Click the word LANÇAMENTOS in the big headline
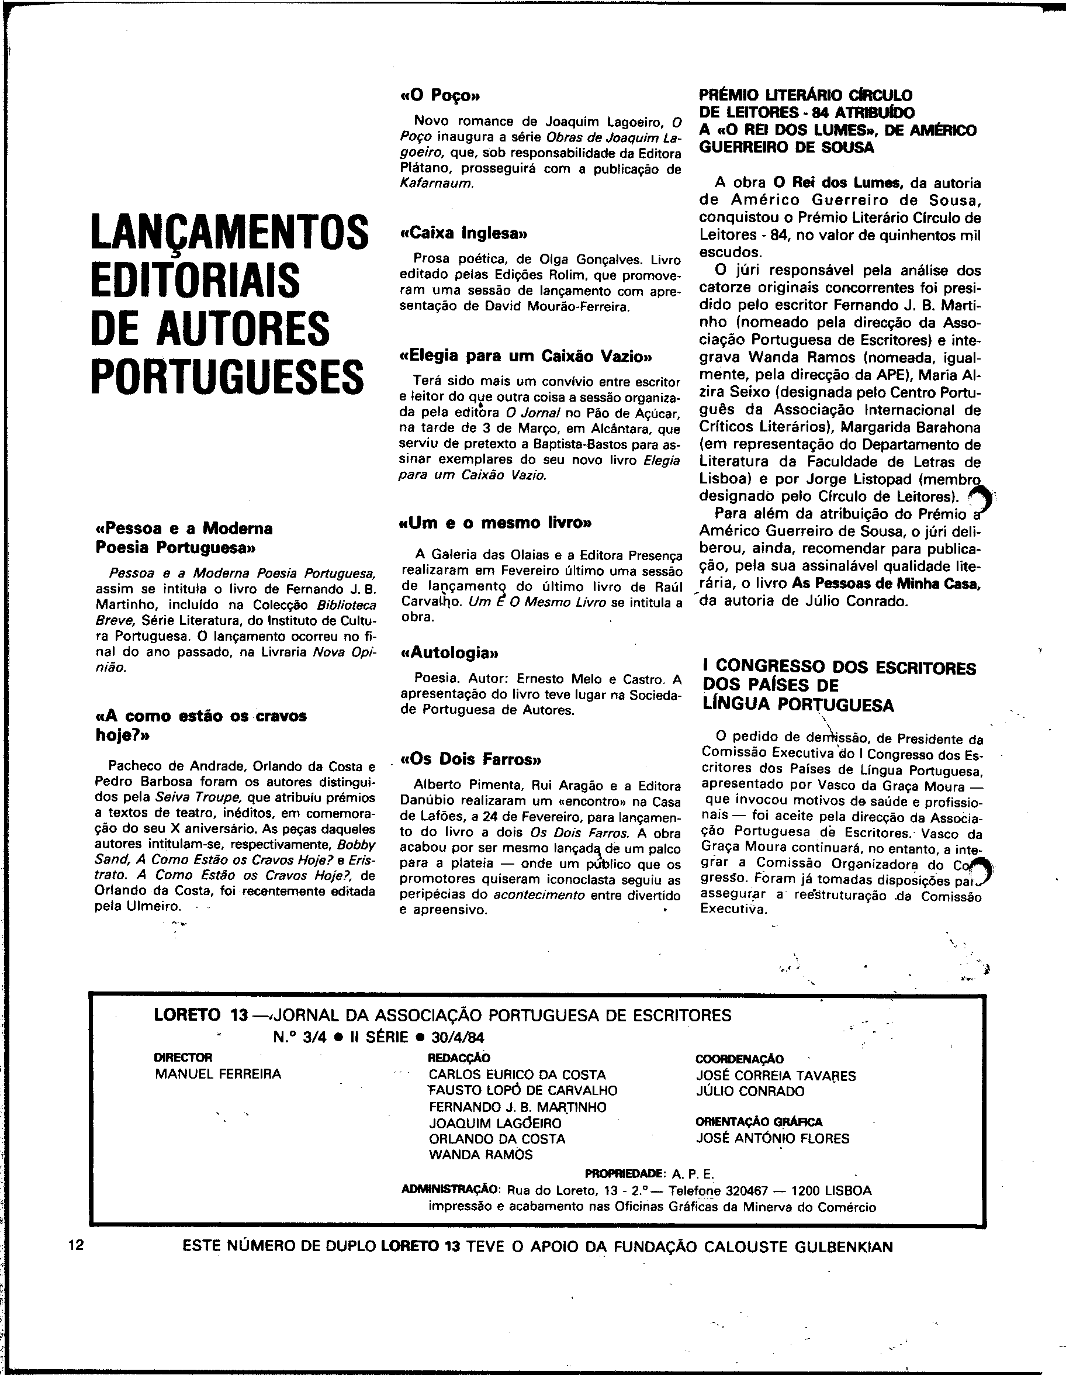(x=229, y=233)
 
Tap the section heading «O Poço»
(x=440, y=96)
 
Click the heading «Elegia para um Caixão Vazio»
(x=525, y=357)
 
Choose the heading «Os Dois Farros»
(x=470, y=759)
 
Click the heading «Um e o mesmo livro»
(x=496, y=523)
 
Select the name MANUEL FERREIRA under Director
(x=218, y=1074)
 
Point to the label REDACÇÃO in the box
(x=459, y=1058)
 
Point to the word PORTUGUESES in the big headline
(x=227, y=377)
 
